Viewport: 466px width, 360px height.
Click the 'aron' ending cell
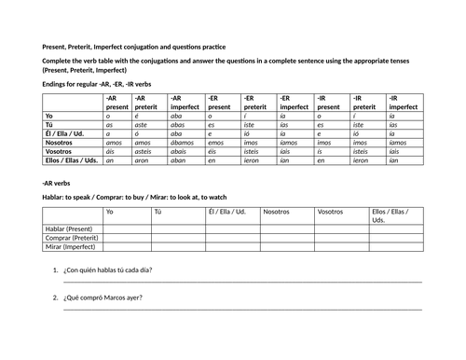click(x=144, y=160)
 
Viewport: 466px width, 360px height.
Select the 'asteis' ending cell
click(x=146, y=151)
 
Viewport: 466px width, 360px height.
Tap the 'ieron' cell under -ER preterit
click(x=255, y=160)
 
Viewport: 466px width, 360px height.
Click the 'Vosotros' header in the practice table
click(x=330, y=212)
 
